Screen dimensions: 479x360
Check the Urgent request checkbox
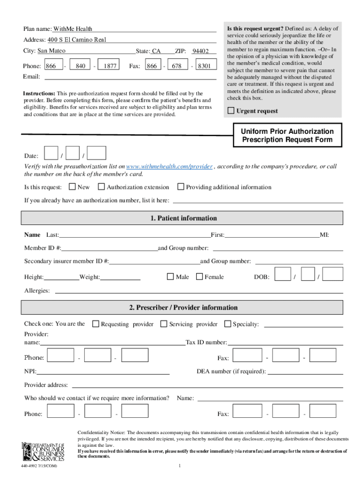pyautogui.click(x=230, y=111)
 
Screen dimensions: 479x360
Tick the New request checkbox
pyautogui.click(x=72, y=187)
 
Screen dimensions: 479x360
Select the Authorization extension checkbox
pyautogui.click(x=101, y=187)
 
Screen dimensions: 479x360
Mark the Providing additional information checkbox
pyautogui.click(x=180, y=187)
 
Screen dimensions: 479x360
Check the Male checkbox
pyautogui.click(x=171, y=277)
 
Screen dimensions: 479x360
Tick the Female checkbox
pyautogui.click(x=199, y=277)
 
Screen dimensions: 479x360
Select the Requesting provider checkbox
pyautogui.click(x=95, y=324)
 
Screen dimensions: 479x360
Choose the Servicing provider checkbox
pyautogui.click(x=164, y=324)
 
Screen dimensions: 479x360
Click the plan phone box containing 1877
pyautogui.click(x=110, y=66)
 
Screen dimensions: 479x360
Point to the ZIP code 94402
pyautogui.click(x=201, y=51)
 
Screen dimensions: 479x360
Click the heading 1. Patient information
pyautogui.click(x=183, y=218)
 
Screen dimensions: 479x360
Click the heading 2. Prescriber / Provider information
pyautogui.click(x=183, y=308)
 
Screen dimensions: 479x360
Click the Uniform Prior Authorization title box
pyautogui.click(x=287, y=136)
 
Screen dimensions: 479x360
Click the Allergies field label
pyautogui.click(x=37, y=291)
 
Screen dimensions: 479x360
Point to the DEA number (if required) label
pyautogui.click(x=231, y=371)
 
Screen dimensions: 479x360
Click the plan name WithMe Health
pyautogui.click(x=72, y=29)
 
